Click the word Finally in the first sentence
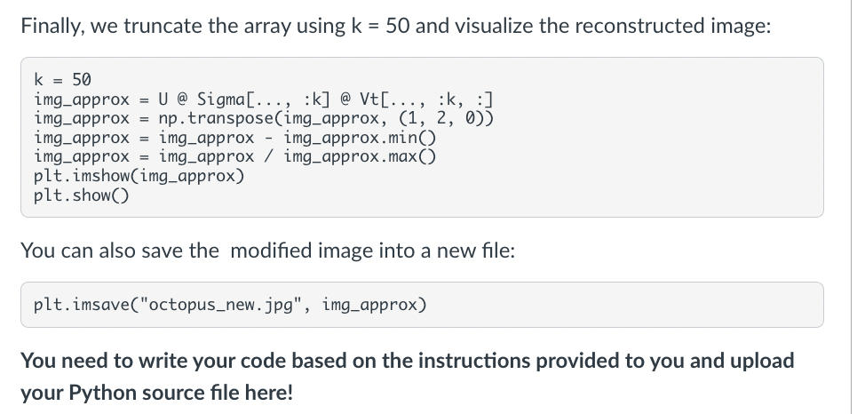point(51,27)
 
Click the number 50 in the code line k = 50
point(82,80)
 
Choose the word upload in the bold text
point(766,362)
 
